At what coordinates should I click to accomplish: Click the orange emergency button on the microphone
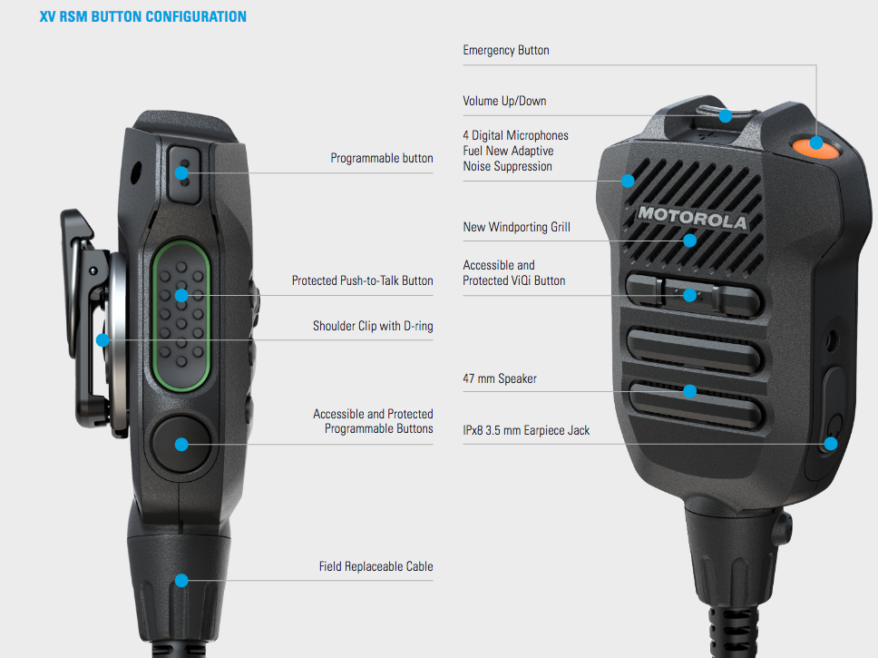[815, 147]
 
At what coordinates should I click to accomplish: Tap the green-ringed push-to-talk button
[181, 316]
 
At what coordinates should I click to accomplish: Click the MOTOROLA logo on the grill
[693, 218]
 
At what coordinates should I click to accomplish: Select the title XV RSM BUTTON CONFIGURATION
[142, 17]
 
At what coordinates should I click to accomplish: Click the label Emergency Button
[505, 51]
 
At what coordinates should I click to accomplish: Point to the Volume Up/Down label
[504, 101]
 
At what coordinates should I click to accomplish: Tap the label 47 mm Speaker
[500, 378]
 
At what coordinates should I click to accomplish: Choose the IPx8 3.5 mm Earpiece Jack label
[526, 430]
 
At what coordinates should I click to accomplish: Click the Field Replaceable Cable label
[376, 566]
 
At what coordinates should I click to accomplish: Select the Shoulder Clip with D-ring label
[373, 326]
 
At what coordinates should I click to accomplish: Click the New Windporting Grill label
[516, 227]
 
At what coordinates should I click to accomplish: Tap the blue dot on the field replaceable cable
[181, 580]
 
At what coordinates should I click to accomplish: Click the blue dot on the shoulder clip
[102, 339]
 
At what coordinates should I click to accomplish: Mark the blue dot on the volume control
[725, 116]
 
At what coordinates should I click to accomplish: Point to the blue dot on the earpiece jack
[831, 444]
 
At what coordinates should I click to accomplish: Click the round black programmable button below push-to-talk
[180, 445]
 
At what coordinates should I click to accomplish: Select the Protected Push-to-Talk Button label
[362, 280]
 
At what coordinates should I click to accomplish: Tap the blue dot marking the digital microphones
[628, 181]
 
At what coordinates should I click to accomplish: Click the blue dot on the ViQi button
[690, 295]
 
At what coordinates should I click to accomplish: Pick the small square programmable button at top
[184, 174]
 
